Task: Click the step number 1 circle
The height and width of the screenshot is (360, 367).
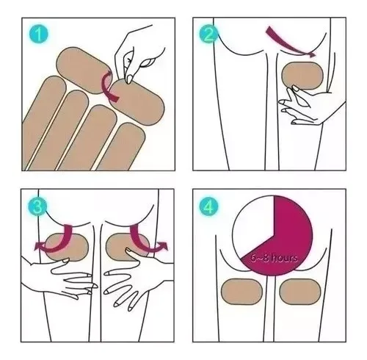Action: tap(39, 34)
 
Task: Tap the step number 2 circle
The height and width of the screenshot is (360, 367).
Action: tap(208, 34)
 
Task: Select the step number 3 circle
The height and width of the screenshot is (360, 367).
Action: tap(37, 206)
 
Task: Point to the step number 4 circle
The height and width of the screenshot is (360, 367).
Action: tap(208, 207)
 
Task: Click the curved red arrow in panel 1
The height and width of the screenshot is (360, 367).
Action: tap(105, 86)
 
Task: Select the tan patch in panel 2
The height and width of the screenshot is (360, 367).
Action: tap(302, 76)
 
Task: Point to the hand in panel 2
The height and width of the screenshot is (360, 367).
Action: tap(310, 105)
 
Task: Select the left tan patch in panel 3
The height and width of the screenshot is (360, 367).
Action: tap(67, 248)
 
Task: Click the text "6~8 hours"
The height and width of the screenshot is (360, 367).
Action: tap(274, 258)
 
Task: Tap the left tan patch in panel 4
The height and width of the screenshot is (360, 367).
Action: tap(241, 292)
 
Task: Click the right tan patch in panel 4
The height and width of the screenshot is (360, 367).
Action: tap(300, 292)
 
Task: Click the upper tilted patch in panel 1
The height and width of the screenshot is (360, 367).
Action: tap(84, 71)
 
